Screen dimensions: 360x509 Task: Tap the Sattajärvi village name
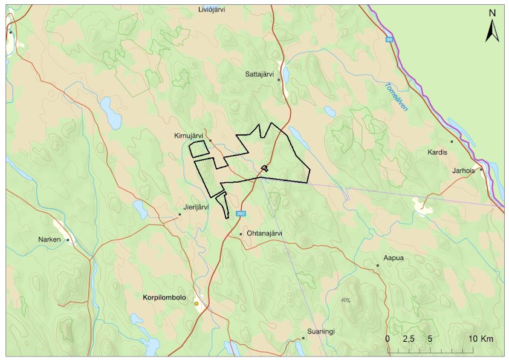pos(261,74)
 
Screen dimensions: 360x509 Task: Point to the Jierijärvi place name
pos(195,207)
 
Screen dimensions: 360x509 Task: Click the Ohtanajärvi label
pos(265,233)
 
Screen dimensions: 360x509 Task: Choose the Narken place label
pos(50,240)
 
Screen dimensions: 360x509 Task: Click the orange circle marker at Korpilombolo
pos(196,304)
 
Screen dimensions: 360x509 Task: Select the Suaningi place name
pos(321,332)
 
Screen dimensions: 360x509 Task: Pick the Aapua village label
pos(393,258)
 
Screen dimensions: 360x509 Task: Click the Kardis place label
pos(437,152)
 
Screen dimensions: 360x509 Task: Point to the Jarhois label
pos(464,171)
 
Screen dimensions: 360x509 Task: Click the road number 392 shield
pos(241,214)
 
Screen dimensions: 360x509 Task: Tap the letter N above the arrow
pos(492,13)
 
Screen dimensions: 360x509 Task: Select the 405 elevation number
pos(345,300)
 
